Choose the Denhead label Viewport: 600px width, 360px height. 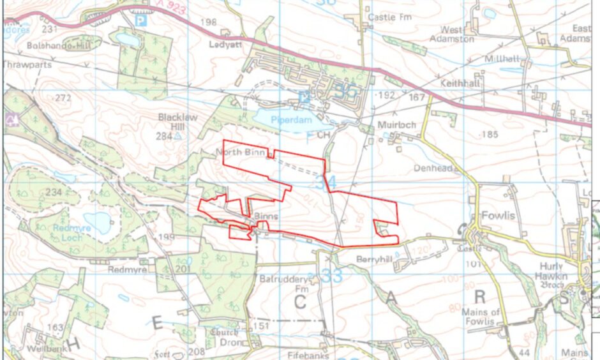(437, 168)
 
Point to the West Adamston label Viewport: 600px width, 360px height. (458, 34)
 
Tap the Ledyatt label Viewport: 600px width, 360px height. (223, 44)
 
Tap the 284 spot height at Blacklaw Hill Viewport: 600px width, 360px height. (165, 136)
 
